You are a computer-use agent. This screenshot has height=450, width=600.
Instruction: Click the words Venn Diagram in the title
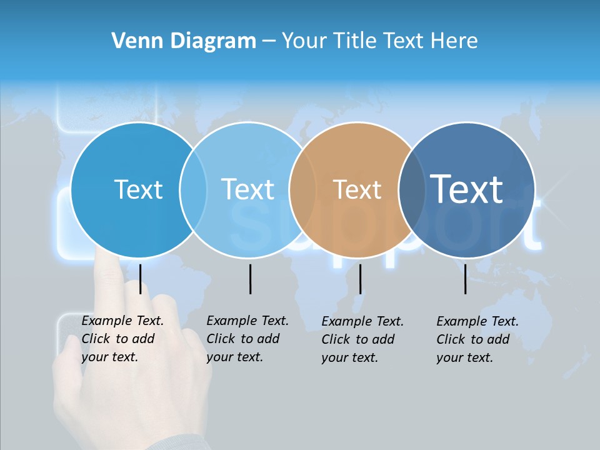pyautogui.click(x=184, y=41)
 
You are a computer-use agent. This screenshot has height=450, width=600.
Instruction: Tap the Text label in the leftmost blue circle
pyautogui.click(x=138, y=189)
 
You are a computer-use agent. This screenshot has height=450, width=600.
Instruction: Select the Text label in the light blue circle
pyautogui.click(x=247, y=189)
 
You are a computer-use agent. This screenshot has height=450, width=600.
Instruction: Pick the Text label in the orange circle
pyautogui.click(x=357, y=190)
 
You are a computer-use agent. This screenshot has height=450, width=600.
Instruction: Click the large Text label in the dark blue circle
pyautogui.click(x=466, y=189)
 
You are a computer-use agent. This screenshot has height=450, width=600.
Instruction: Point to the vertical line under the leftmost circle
pyautogui.click(x=140, y=279)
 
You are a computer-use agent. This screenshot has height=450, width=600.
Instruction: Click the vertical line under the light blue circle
pyautogui.click(x=250, y=279)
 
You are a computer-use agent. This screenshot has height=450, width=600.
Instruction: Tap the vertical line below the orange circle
pyautogui.click(x=360, y=279)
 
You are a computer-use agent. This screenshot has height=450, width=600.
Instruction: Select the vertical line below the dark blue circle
pyautogui.click(x=465, y=279)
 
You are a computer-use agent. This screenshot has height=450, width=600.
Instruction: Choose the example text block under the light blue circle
pyautogui.click(x=247, y=339)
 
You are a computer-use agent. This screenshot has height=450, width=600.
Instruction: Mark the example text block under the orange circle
pyautogui.click(x=362, y=339)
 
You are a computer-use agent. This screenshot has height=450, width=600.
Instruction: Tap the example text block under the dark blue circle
pyautogui.click(x=477, y=339)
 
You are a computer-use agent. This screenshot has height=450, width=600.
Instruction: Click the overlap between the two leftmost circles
pyautogui.click(x=193, y=190)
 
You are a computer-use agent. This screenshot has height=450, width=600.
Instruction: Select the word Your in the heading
pyautogui.click(x=305, y=41)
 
